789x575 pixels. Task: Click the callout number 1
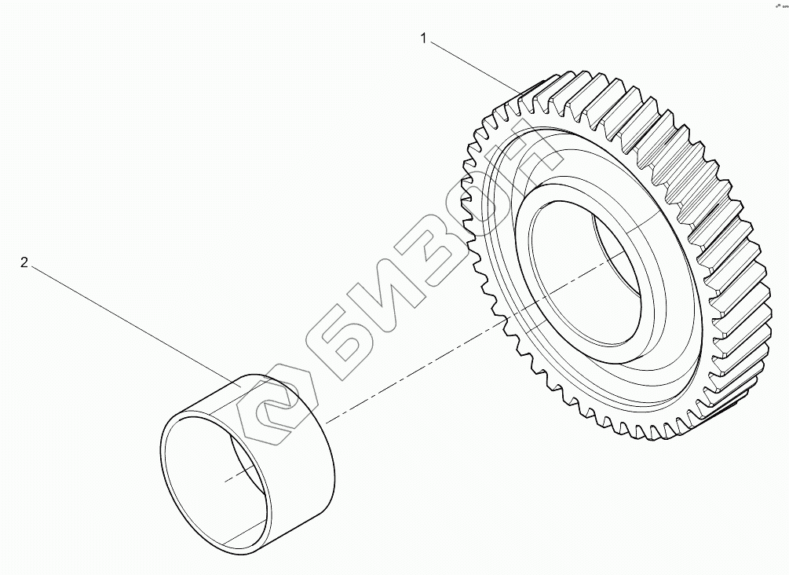(x=424, y=38)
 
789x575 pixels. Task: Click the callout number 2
(x=24, y=262)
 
